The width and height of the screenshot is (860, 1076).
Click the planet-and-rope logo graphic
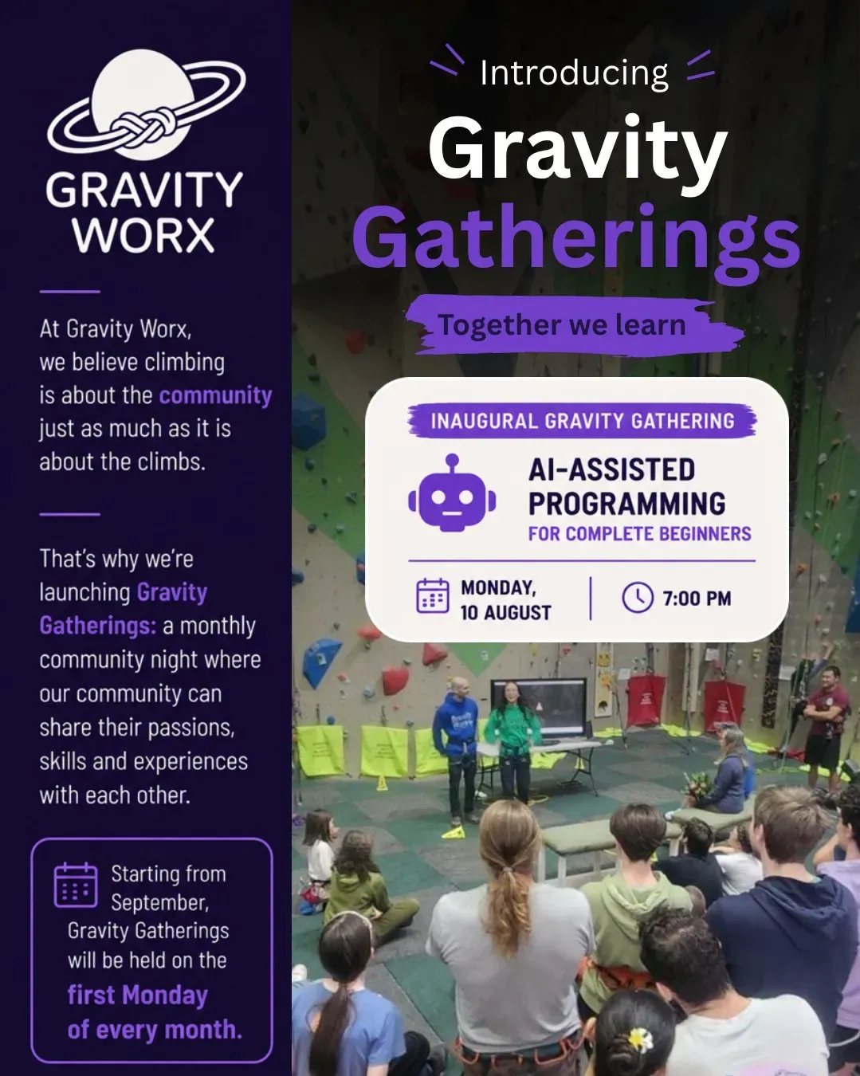[145, 106]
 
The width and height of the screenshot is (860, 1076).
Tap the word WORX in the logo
[144, 235]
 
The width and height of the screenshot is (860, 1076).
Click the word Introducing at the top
[574, 73]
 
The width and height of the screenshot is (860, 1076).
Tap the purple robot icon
[452, 493]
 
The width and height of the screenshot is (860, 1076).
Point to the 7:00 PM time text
[697, 599]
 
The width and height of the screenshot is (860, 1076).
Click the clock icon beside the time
[638, 597]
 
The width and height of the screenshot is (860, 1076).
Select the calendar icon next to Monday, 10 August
[433, 595]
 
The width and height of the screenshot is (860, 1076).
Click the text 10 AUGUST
[505, 612]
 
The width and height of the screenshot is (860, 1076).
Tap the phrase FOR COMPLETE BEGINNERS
[639, 534]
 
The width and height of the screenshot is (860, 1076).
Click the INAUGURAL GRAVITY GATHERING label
[583, 421]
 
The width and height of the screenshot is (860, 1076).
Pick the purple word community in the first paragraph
[215, 396]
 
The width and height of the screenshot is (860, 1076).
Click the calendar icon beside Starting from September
[76, 885]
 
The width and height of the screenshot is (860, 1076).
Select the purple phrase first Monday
[138, 995]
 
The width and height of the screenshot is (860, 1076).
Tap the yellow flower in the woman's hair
[640, 1039]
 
